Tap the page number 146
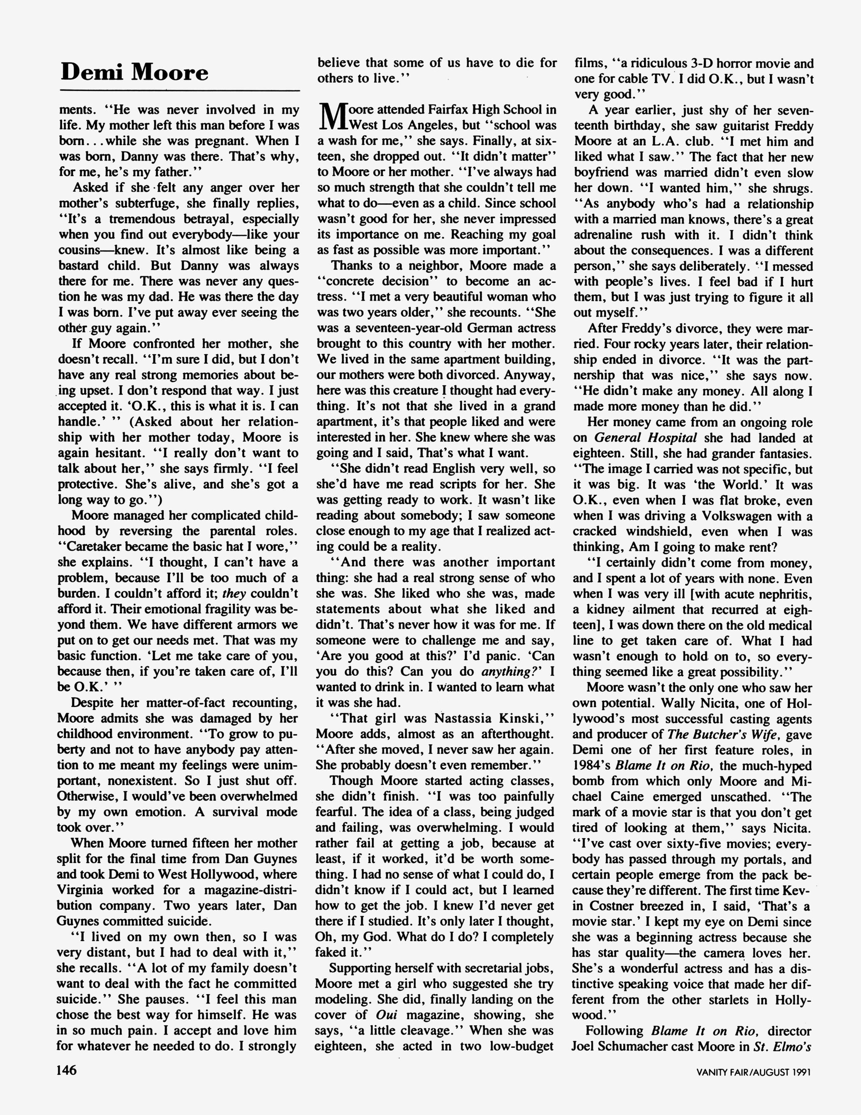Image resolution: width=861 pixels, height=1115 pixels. [66, 1069]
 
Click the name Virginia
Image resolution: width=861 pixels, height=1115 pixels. [81, 890]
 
